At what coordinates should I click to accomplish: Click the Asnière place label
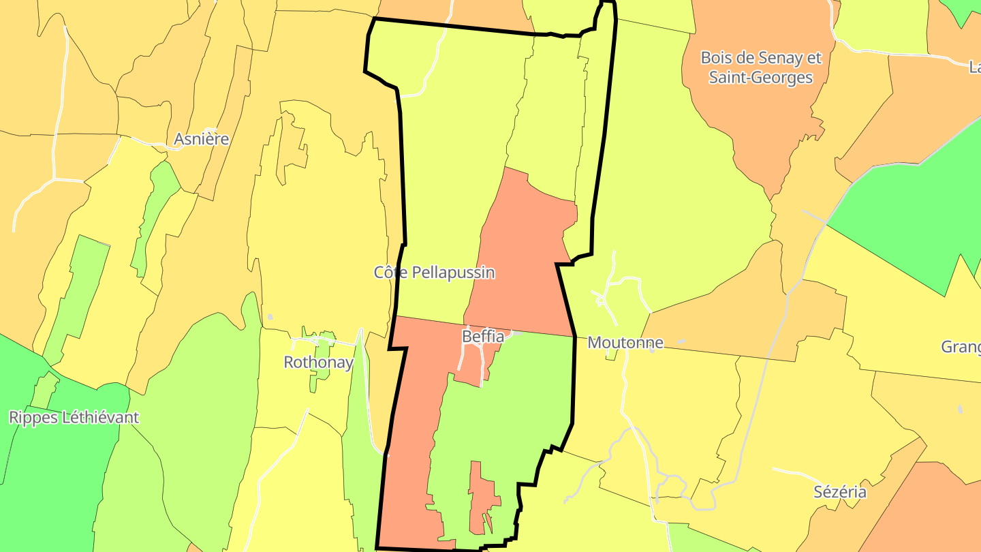click(x=201, y=139)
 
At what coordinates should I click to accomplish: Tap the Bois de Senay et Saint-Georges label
click(x=761, y=67)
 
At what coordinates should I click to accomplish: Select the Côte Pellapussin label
click(x=434, y=273)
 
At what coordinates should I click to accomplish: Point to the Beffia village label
click(x=483, y=337)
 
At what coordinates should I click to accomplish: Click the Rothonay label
click(x=318, y=362)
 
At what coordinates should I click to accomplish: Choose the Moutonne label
click(x=625, y=342)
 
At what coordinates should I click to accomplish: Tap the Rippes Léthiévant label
click(x=74, y=417)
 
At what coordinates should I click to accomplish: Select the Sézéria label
click(x=840, y=491)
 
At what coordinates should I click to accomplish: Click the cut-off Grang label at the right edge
click(x=961, y=347)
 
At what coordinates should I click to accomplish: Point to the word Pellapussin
click(x=456, y=273)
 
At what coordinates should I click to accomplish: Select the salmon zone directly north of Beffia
click(x=525, y=259)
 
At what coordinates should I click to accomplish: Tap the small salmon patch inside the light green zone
click(x=481, y=497)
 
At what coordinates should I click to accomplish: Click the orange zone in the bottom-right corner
click(x=933, y=511)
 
